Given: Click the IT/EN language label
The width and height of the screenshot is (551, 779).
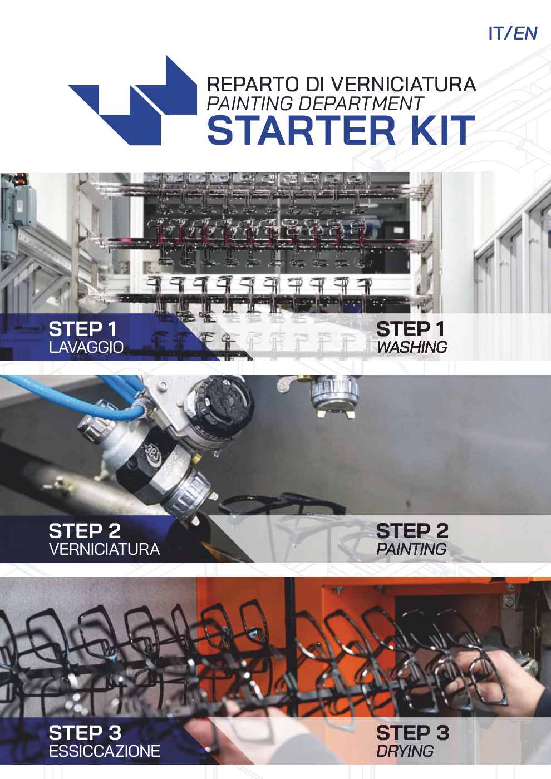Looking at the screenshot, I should (x=512, y=33).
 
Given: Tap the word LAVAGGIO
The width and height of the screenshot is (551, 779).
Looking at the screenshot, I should (x=86, y=348).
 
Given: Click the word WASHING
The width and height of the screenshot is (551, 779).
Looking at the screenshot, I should (x=411, y=347).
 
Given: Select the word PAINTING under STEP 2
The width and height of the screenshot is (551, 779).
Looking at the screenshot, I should (x=411, y=549).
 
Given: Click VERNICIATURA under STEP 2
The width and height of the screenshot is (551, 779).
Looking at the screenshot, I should (x=104, y=550).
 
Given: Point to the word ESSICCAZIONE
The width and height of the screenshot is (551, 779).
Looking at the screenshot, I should (x=104, y=752).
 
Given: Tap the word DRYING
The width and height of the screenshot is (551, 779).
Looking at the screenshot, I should (x=405, y=751).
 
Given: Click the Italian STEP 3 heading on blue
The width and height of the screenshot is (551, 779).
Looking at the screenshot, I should (x=85, y=733).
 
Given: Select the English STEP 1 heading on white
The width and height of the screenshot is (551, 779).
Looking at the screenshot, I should (x=411, y=329).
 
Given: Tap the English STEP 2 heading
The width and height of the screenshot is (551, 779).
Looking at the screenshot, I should (x=412, y=531).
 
